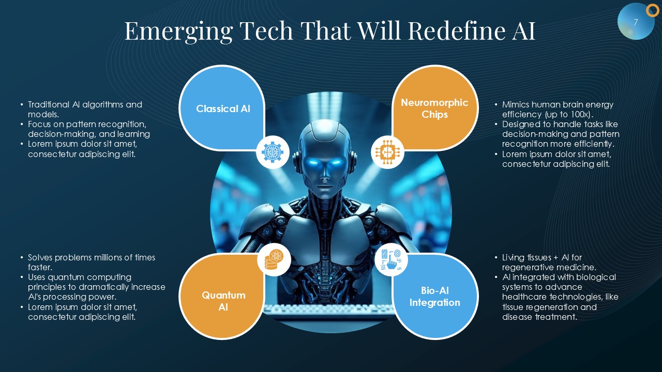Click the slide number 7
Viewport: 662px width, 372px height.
636,22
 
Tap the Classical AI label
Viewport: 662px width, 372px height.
223,109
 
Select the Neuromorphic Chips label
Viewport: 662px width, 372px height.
434,109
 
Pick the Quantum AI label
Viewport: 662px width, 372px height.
223,301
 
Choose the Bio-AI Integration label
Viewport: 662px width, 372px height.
435,297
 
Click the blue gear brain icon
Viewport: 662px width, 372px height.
273,152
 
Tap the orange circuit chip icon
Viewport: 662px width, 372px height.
387,152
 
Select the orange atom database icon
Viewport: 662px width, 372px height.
274,259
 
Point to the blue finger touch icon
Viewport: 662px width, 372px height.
392,259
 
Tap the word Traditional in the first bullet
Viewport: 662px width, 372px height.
49,104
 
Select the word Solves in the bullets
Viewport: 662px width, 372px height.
40,257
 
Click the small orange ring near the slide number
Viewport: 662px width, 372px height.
652,11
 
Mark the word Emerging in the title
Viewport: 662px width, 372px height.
179,32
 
